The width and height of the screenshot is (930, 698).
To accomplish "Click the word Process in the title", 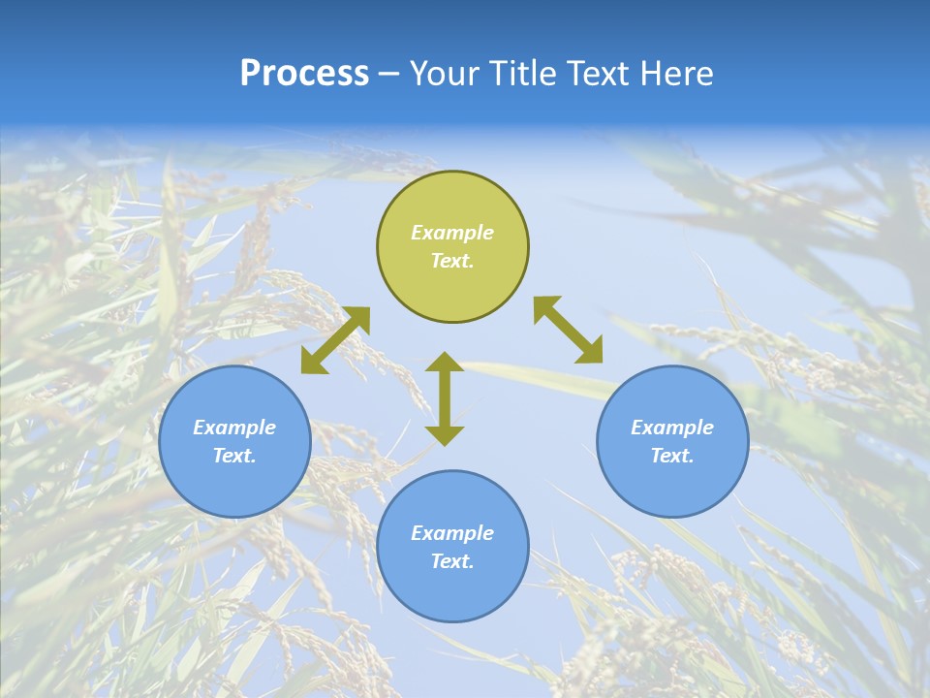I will (304, 74).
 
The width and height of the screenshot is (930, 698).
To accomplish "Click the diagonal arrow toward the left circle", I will (335, 340).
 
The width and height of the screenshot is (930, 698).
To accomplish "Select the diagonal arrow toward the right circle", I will (569, 330).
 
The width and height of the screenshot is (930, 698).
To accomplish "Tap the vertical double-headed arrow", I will (445, 398).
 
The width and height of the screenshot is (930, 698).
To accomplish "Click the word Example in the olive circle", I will (452, 233).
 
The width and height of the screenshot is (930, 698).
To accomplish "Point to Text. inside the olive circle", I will (452, 261).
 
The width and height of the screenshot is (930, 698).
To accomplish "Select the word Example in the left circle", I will (234, 428).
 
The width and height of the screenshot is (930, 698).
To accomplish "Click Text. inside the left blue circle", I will (234, 456).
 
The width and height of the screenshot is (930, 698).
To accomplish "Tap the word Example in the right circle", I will (672, 428).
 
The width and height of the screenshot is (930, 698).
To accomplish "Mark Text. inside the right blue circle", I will (672, 456).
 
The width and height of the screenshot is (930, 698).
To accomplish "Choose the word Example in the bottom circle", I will (452, 533).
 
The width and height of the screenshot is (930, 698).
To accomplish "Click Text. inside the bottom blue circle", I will (452, 561).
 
